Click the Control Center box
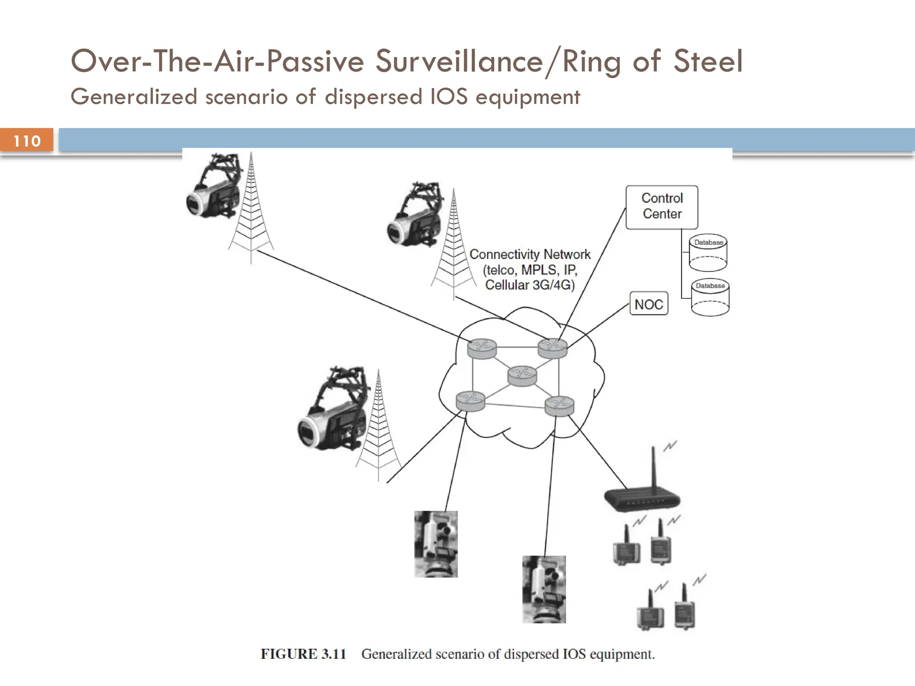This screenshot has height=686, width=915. (x=662, y=207)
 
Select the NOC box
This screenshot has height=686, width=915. (x=649, y=304)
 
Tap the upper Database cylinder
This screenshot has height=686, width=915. (x=708, y=253)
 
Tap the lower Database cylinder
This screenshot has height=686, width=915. (x=710, y=297)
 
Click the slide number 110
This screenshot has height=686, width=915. (x=27, y=141)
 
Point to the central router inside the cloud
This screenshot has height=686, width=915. (x=522, y=376)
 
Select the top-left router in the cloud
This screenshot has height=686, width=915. (x=482, y=348)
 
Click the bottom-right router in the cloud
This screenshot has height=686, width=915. (x=559, y=406)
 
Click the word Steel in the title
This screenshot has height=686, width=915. (x=708, y=61)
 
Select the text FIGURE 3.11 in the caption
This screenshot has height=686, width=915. (x=303, y=654)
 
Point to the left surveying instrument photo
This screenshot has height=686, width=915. (x=436, y=544)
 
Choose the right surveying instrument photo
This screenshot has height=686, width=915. (x=544, y=589)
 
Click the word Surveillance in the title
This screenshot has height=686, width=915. (x=459, y=61)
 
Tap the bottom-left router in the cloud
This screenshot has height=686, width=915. (x=470, y=401)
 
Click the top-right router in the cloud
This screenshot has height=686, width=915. (x=553, y=347)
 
